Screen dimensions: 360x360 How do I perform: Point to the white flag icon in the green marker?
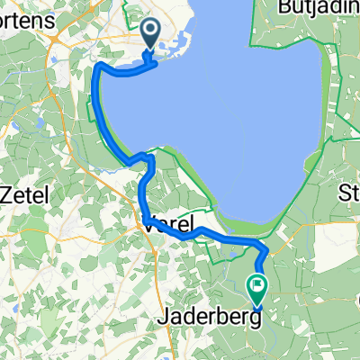pyautogui.click(x=257, y=287)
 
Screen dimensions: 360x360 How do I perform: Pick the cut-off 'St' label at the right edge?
pyautogui.click(x=348, y=193)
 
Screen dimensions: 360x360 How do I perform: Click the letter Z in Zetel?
pyautogui.click(x=7, y=193)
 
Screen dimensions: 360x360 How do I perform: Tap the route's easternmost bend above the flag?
pyautogui.click(x=266, y=249)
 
